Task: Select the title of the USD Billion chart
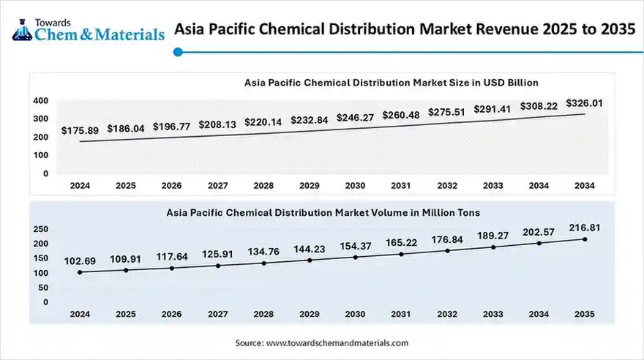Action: click(392, 83)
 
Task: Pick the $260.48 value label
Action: click(401, 115)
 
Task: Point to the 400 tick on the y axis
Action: click(41, 100)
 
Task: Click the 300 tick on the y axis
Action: click(41, 119)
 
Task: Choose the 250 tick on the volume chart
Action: click(40, 229)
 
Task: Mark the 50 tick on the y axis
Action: click(43, 288)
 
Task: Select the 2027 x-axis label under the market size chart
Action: click(217, 186)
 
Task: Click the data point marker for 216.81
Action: click(584, 239)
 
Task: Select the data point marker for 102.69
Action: click(80, 272)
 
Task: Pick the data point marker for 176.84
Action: click(446, 250)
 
